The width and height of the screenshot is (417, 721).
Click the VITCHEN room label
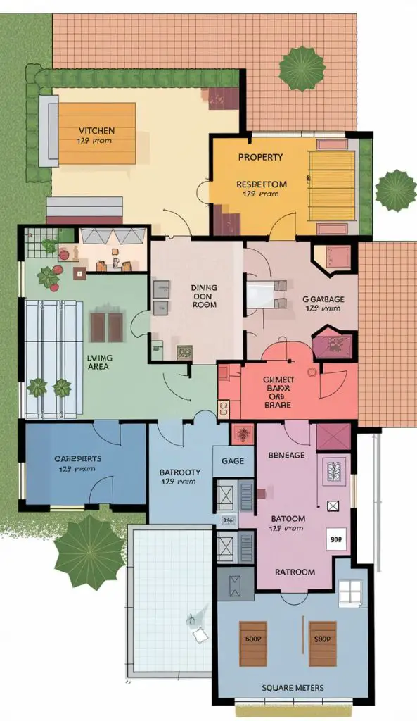tap(96, 130)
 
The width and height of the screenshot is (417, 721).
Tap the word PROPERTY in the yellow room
tap(260, 156)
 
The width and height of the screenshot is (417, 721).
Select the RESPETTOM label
tap(261, 184)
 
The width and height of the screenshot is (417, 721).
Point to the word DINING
tap(204, 287)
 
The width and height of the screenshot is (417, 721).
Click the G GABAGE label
tap(323, 299)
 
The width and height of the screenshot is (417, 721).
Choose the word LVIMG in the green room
tap(99, 357)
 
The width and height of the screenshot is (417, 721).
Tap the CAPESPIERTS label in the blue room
tap(77, 458)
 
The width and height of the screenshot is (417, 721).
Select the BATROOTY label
tap(180, 472)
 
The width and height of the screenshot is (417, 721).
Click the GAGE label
tap(233, 460)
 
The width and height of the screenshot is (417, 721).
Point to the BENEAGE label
tap(286, 455)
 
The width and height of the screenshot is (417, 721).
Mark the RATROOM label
tap(295, 572)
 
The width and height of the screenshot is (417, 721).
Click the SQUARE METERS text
tap(293, 687)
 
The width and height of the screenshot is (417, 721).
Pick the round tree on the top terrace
tap(302, 68)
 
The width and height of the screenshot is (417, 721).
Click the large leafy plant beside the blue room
tap(89, 551)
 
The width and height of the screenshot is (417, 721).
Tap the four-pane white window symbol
tap(349, 594)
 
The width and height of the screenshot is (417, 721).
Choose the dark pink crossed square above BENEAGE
tap(333, 437)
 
